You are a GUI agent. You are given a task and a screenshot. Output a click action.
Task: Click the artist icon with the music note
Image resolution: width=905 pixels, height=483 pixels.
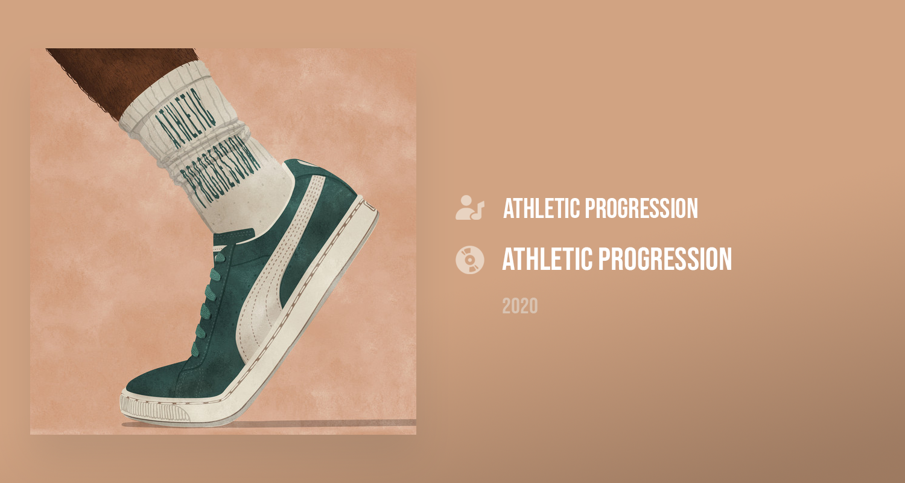[x=469, y=208]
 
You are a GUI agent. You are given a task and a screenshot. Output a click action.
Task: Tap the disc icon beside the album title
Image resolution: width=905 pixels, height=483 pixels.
[x=469, y=260]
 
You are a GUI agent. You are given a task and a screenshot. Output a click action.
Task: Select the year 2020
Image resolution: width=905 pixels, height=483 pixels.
[x=519, y=306]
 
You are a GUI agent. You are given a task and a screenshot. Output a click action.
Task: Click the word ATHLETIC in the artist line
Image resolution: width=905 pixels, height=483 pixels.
[x=542, y=208]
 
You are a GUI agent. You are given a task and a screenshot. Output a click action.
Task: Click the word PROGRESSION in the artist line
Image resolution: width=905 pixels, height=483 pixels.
[x=641, y=208]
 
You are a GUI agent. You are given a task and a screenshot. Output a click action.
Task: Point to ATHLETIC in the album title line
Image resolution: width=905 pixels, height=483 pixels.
[x=547, y=259]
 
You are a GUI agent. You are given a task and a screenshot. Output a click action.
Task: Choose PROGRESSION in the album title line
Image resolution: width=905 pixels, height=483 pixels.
[x=665, y=259]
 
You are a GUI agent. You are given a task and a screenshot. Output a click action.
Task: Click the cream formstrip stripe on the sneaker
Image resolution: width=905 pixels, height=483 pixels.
[x=279, y=258]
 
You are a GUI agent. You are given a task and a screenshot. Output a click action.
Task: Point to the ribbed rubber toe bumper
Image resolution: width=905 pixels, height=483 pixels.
[x=153, y=409]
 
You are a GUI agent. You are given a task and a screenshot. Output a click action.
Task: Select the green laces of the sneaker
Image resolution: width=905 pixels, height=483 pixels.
[x=208, y=303]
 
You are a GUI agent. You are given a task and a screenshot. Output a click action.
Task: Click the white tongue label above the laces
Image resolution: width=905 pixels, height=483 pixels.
[x=220, y=247]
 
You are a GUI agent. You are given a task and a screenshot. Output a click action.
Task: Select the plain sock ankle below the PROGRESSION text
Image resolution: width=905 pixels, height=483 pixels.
[x=250, y=202]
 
